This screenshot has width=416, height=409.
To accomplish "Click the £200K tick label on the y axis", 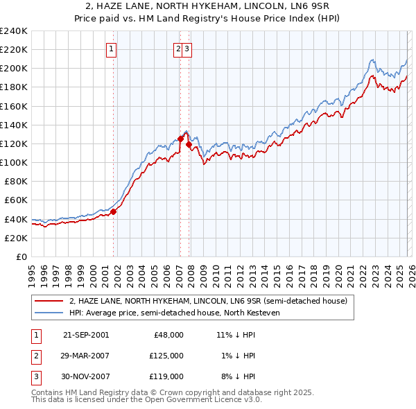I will coord(14,69).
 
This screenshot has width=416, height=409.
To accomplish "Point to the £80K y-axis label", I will coord(16,181).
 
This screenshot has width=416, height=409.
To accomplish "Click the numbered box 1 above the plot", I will coord(112,49).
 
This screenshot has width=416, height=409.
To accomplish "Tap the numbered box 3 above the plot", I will coord(188,49).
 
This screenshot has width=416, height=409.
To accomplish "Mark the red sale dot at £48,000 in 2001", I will coord(114,212).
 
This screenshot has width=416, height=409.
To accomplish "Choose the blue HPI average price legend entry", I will coord(183,313).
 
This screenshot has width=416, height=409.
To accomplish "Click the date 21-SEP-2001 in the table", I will coord(86,335).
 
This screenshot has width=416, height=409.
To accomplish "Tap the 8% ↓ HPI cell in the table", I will coord(238,376).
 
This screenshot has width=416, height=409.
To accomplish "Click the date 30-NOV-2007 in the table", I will coord(86,376).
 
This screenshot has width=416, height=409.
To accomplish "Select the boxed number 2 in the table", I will coord(36,356).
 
